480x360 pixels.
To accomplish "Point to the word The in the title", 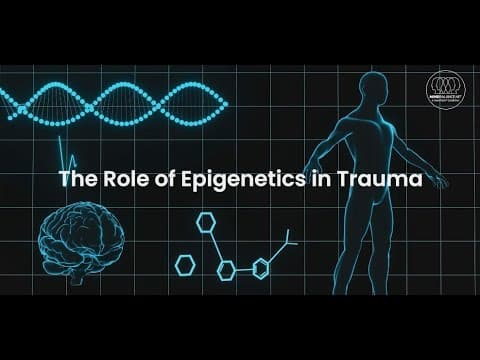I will click(x=76, y=180).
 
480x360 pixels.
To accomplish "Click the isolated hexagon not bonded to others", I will click(x=185, y=264).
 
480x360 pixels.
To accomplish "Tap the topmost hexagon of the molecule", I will click(x=207, y=224).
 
